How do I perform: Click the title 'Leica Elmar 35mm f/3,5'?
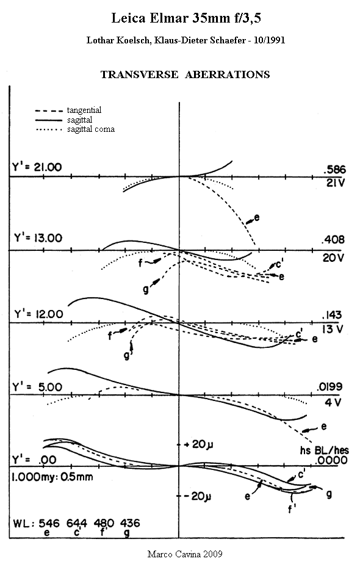coord(186,18)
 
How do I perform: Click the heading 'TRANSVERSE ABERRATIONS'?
coord(185,74)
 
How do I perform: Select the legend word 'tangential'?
coord(84,110)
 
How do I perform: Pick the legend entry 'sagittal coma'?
coord(91,129)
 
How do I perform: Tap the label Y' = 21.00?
coord(37,167)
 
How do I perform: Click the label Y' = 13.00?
coord(38,238)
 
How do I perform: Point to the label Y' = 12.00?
coord(38,314)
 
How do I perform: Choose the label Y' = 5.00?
coord(37,387)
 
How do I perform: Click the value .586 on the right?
coord(334,170)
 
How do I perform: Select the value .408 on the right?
coord(334,239)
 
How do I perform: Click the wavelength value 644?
coord(77,523)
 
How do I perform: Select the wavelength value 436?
coord(129,523)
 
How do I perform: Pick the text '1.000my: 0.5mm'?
coord(52,477)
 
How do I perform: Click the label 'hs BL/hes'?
coord(325,450)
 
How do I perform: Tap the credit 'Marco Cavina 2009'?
coord(185,554)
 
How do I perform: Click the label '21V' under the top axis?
coord(335,183)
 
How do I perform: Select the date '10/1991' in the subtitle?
coord(269,40)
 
